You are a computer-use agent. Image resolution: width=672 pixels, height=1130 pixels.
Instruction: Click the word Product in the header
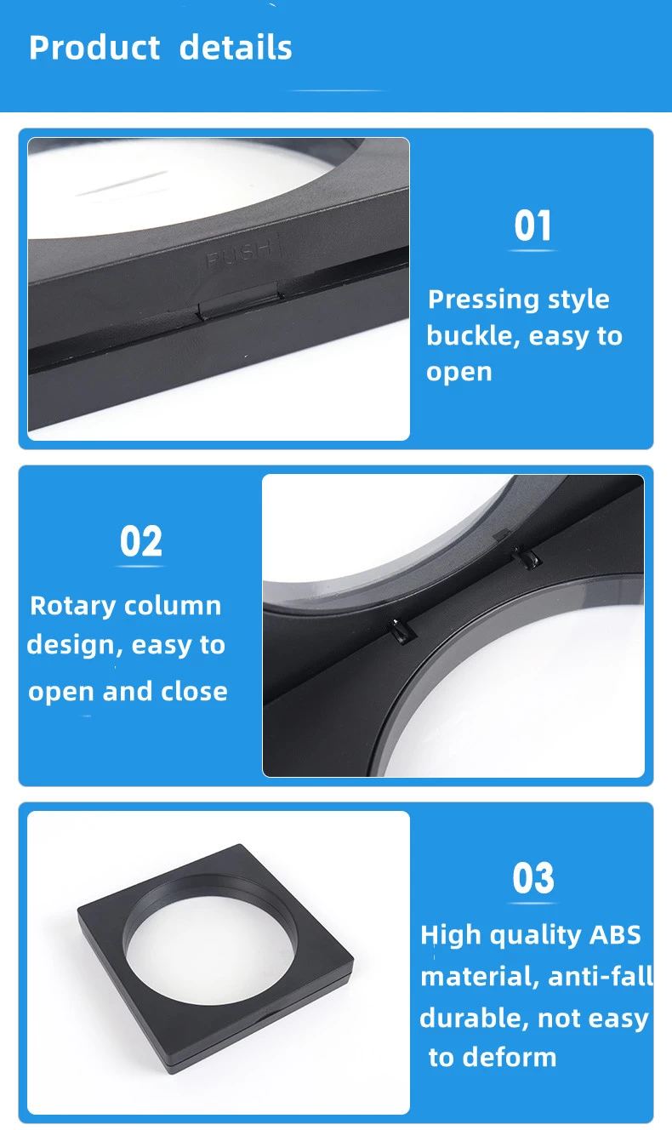pyautogui.click(x=94, y=48)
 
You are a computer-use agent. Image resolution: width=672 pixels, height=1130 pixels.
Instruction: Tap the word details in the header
pyautogui.click(x=236, y=48)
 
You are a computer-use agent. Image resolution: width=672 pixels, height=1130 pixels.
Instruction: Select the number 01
pyautogui.click(x=532, y=225)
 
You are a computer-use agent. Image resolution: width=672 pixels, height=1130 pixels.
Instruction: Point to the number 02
pyautogui.click(x=141, y=541)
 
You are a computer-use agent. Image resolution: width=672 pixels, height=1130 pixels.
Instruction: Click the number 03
pyautogui.click(x=533, y=878)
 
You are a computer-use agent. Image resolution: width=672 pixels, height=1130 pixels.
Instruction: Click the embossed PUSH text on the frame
pyautogui.click(x=240, y=252)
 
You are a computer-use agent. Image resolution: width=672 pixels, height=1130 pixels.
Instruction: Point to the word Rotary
pyautogui.click(x=73, y=607)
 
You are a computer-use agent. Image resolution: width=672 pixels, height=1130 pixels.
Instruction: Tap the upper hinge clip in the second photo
pyautogui.click(x=527, y=558)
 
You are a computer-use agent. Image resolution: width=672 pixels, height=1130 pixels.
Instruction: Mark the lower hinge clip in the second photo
pyautogui.click(x=401, y=631)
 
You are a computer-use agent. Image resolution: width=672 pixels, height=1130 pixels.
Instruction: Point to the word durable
pyautogui.click(x=474, y=1018)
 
